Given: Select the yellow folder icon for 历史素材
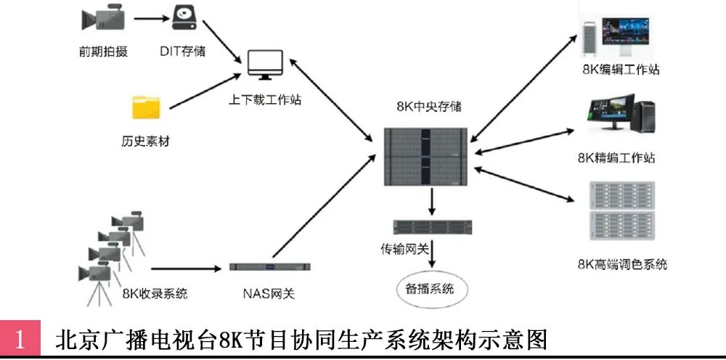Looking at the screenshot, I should coord(146,107).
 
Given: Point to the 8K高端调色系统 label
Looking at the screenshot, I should coord(622,264).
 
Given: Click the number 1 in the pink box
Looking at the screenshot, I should coord(20,340).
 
